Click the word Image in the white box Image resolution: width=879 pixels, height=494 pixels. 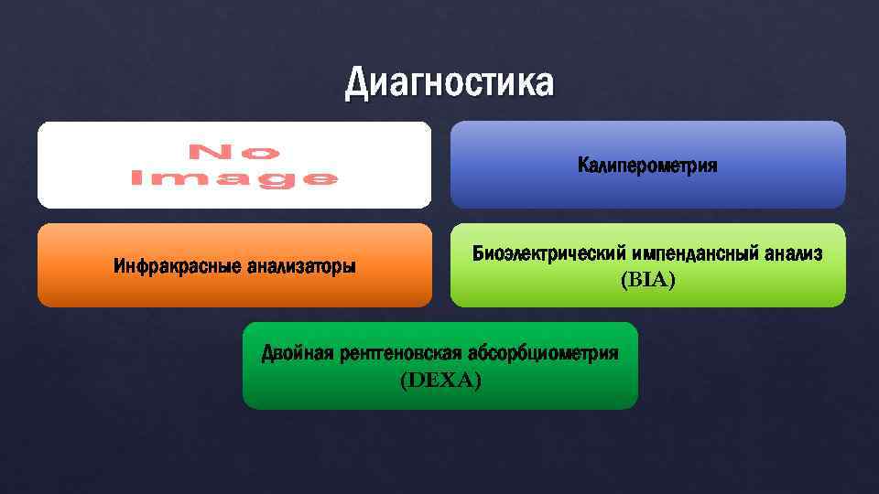click(234, 178)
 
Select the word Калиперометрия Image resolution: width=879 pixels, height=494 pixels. click(647, 166)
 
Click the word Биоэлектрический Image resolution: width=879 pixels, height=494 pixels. click(547, 253)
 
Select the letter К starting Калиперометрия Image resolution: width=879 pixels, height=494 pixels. click(583, 166)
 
